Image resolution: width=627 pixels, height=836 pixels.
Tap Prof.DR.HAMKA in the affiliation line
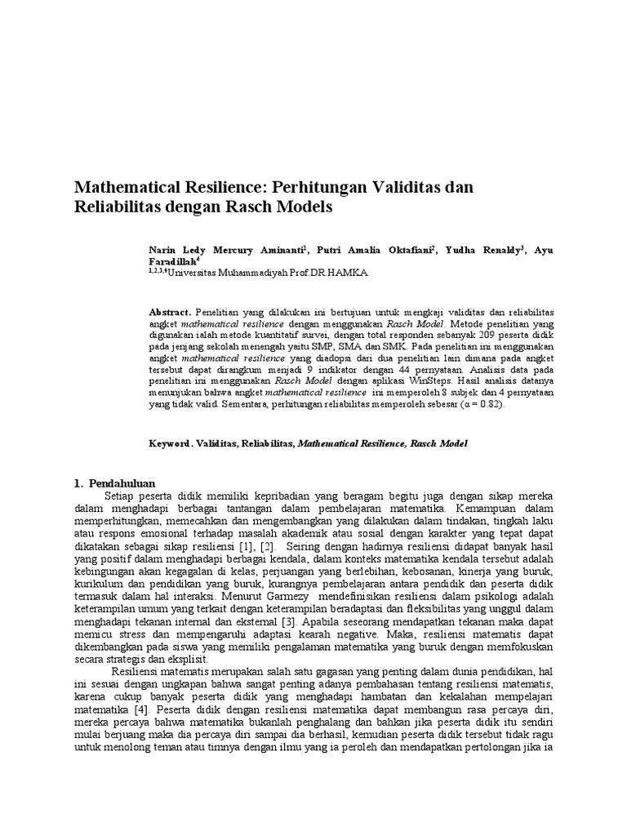click(x=335, y=273)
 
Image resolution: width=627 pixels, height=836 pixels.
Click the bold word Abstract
click(x=169, y=313)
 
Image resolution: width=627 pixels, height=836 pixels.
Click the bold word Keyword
click(x=168, y=443)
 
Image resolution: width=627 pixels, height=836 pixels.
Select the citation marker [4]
click(x=147, y=710)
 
